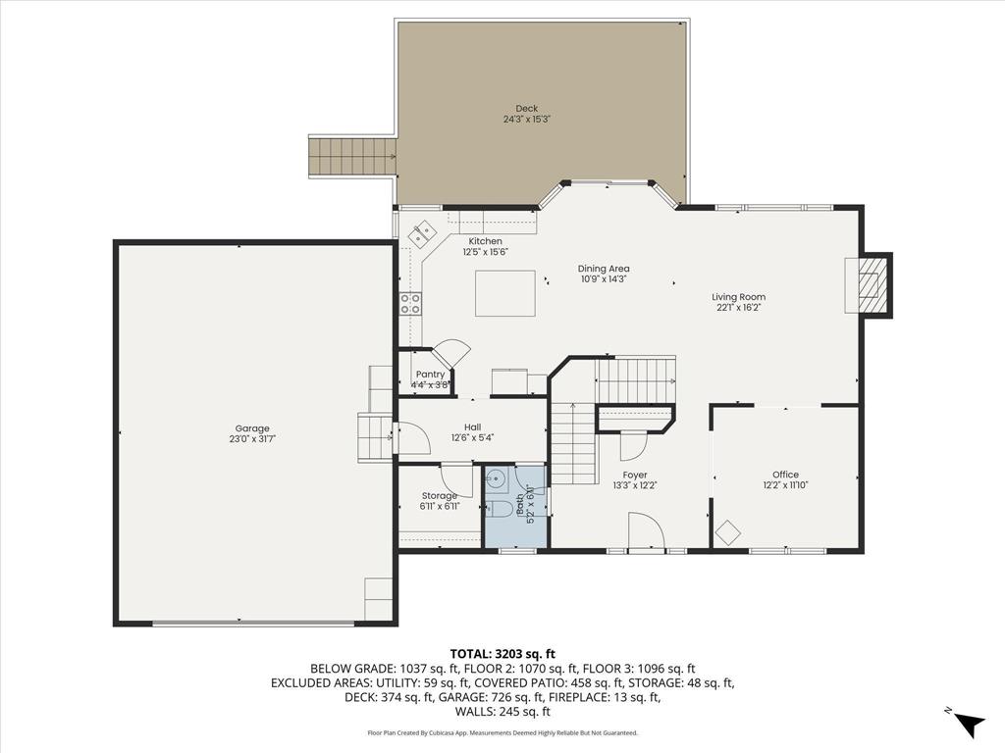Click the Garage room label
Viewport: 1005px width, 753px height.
pyautogui.click(x=252, y=427)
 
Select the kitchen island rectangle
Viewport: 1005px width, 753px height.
pyautogui.click(x=505, y=293)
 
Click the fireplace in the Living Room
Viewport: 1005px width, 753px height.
pyautogui.click(x=870, y=284)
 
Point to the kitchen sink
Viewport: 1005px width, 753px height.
pyautogui.click(x=423, y=234)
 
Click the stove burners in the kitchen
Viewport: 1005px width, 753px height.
pyautogui.click(x=410, y=304)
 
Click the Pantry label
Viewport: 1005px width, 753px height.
pyautogui.click(x=430, y=375)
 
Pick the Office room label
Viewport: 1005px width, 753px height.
pyautogui.click(x=785, y=475)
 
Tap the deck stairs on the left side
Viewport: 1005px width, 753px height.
pyautogui.click(x=353, y=157)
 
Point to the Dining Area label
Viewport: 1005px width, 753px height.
pyautogui.click(x=604, y=269)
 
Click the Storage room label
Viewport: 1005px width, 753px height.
pyautogui.click(x=439, y=496)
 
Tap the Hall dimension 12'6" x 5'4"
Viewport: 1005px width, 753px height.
pyautogui.click(x=472, y=438)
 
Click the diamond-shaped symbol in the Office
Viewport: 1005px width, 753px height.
pyautogui.click(x=727, y=532)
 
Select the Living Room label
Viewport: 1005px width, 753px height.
pyautogui.click(x=739, y=297)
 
